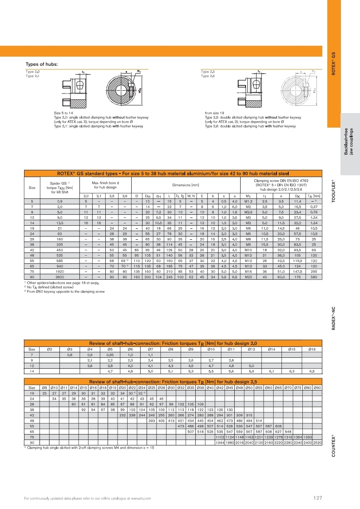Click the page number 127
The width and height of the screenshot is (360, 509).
tap(317, 498)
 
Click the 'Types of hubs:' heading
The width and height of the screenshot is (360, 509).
tap(42, 64)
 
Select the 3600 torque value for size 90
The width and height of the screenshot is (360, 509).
tap(60, 277)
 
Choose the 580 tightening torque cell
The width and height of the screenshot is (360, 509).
tap(314, 277)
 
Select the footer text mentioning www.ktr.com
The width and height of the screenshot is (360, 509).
tap(87, 499)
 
